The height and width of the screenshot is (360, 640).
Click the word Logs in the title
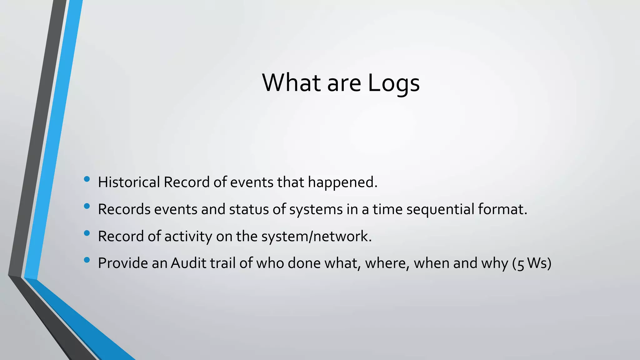click(393, 83)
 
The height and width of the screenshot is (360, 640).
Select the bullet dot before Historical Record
click(87, 179)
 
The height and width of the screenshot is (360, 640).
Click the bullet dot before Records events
click(87, 206)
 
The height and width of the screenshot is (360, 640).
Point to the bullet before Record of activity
click(87, 233)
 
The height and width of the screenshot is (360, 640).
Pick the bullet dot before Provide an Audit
click(87, 260)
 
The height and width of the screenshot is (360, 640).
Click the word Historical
click(129, 182)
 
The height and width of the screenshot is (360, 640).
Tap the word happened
click(342, 182)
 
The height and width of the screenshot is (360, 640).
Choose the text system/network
click(316, 236)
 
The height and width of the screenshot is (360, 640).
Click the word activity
click(188, 236)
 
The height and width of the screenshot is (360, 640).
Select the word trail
click(222, 263)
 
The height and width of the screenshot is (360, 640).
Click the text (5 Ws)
click(532, 263)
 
